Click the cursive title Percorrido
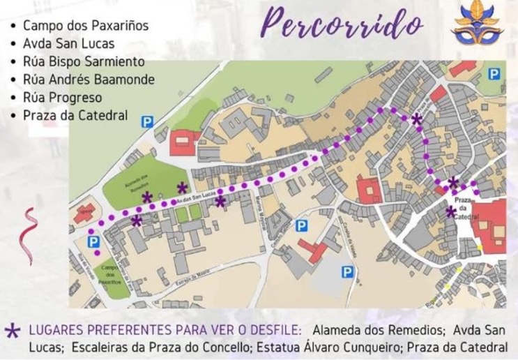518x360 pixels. (x=342, y=24)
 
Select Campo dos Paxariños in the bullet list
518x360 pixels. (x=86, y=26)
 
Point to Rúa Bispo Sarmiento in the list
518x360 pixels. (x=84, y=61)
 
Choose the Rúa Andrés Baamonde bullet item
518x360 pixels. (x=89, y=80)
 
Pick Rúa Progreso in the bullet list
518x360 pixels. (x=62, y=98)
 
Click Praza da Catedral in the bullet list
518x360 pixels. (x=75, y=115)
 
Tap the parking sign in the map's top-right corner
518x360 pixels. (x=496, y=73)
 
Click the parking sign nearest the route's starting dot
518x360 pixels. (x=93, y=241)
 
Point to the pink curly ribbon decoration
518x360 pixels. (x=31, y=237)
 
